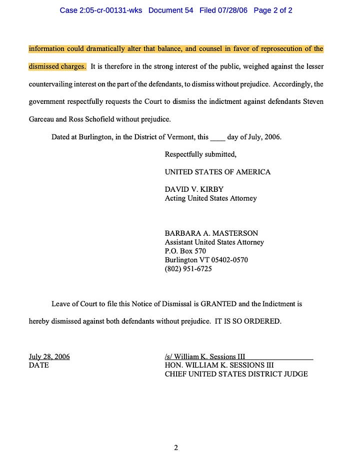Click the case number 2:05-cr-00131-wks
point(100,10)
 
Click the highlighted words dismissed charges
point(57,66)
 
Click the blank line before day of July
point(217,137)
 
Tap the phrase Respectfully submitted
point(200,154)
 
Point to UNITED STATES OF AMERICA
point(217,172)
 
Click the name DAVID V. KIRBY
point(194,189)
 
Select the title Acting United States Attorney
point(210,198)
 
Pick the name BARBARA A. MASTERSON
point(211,233)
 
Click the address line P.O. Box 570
point(185,251)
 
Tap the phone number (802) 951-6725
point(188,269)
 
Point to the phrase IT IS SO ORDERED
point(248,321)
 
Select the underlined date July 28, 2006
point(49,357)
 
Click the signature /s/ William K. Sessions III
point(205,357)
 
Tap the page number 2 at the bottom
point(176,448)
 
